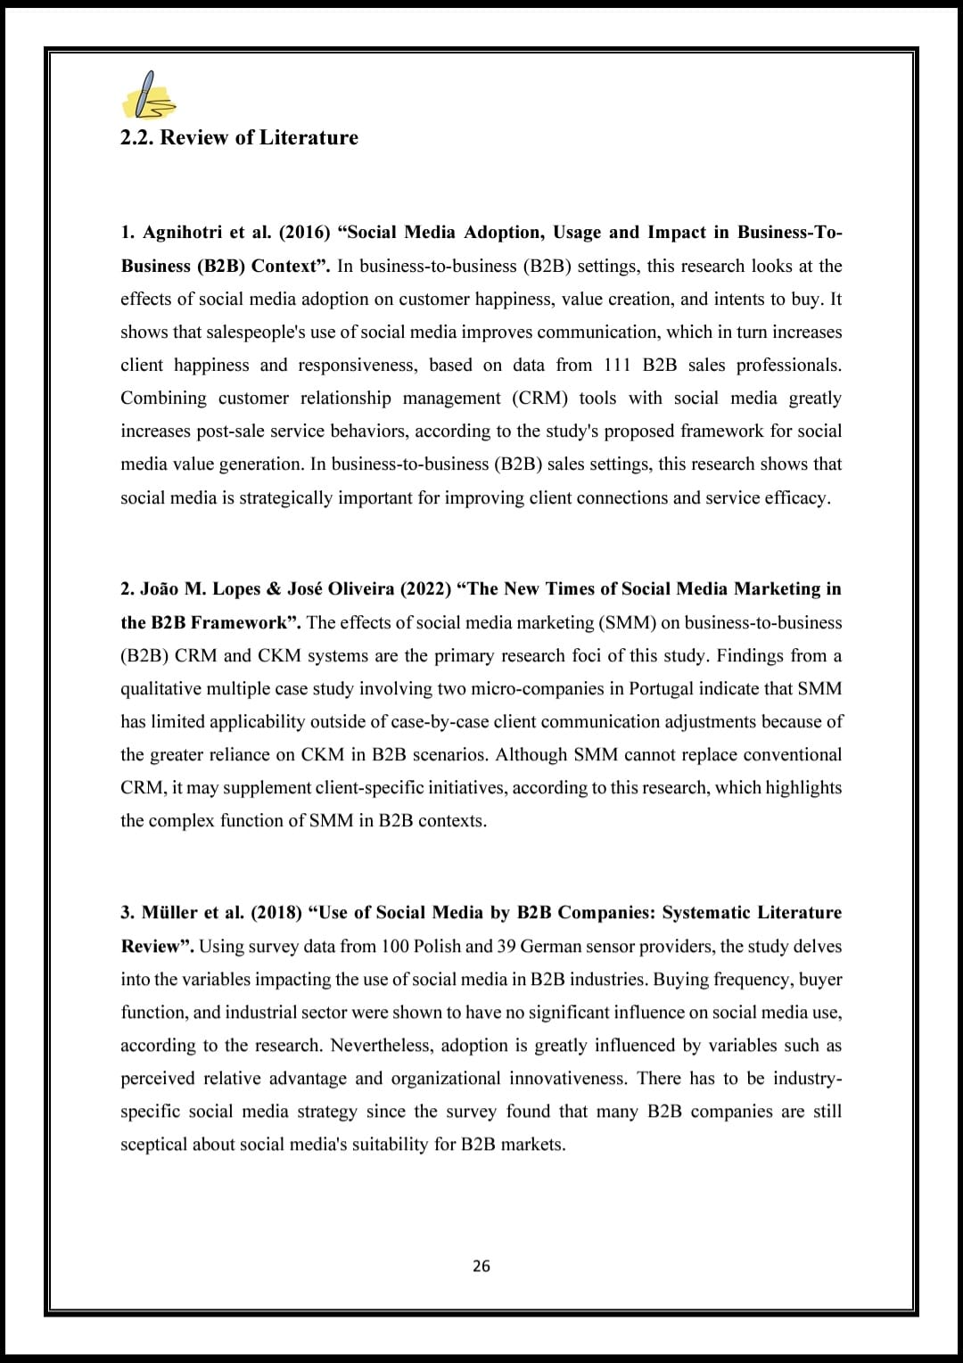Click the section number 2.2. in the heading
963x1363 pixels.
[137, 137]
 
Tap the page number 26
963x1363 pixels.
[481, 1266]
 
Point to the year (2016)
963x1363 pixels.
[304, 233]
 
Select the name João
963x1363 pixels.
[160, 589]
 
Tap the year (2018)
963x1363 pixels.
[276, 913]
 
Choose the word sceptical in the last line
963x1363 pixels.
[153, 1145]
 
